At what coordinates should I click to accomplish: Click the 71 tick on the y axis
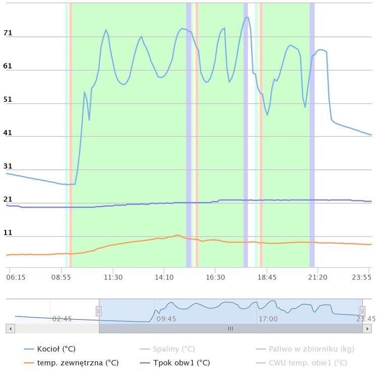click(x=8, y=33)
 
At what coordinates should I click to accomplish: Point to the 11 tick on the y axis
click(x=8, y=233)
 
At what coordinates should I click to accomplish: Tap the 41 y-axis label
click(x=8, y=133)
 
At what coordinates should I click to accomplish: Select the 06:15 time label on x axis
click(x=16, y=277)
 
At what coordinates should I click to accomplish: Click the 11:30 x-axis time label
click(x=113, y=277)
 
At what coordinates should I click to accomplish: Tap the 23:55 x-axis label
click(x=362, y=277)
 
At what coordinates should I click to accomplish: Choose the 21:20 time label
click(x=318, y=277)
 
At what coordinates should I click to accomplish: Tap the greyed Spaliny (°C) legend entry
click(x=174, y=349)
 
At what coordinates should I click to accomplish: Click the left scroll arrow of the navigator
click(x=11, y=328)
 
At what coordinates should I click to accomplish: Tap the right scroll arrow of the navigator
click(x=367, y=328)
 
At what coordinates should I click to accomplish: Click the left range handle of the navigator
click(x=99, y=311)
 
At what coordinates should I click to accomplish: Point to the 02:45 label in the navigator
click(x=62, y=319)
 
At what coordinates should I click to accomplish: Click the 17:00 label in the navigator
click(x=268, y=319)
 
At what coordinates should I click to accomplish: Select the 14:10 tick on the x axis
click(x=164, y=277)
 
